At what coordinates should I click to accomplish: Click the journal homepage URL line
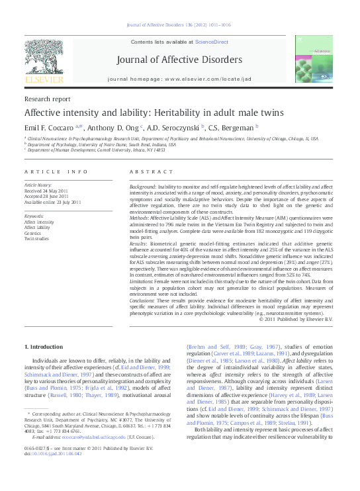(179, 79)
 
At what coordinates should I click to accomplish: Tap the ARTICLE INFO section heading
(56, 171)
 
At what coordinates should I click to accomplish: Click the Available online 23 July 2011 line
(52, 202)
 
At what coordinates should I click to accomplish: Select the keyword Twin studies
(37, 238)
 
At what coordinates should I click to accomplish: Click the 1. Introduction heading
(44, 347)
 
